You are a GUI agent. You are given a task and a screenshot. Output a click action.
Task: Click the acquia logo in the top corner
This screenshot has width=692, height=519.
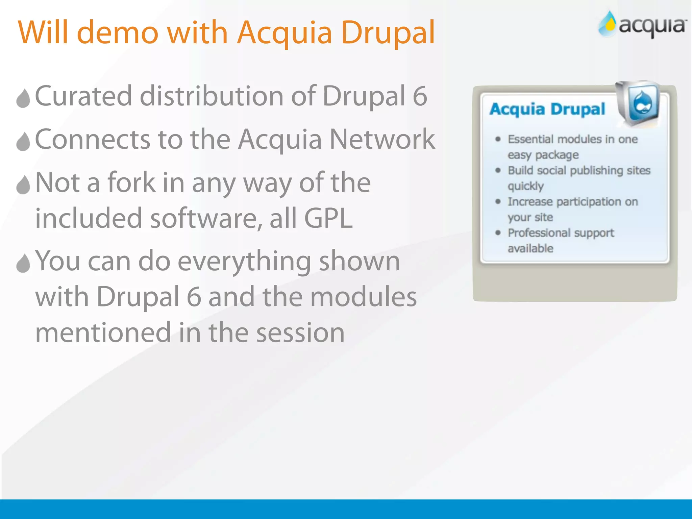[642, 24]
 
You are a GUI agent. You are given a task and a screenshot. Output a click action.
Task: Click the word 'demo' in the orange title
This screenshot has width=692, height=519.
[118, 33]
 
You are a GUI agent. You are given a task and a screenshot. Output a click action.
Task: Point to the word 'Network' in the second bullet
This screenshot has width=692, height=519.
[382, 139]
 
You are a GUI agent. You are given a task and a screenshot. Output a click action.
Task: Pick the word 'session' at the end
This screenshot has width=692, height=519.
[300, 332]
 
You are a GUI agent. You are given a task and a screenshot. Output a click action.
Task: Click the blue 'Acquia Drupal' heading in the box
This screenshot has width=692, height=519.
[547, 109]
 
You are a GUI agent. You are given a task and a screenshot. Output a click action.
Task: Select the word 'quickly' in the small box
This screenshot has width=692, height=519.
[525, 186]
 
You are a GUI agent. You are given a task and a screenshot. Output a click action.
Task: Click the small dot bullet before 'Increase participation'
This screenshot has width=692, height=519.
[498, 202]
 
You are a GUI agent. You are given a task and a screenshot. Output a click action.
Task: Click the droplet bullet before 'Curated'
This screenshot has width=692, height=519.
[23, 98]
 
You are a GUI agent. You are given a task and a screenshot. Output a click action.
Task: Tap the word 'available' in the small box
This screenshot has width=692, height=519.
[530, 248]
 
